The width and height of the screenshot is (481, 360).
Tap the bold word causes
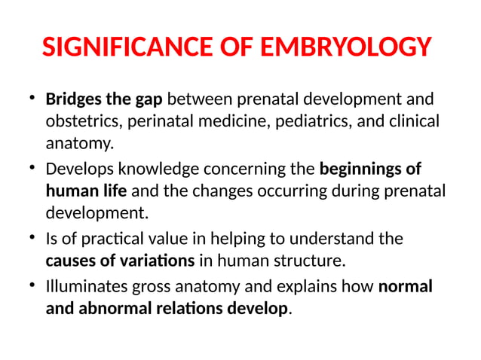[69, 261]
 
